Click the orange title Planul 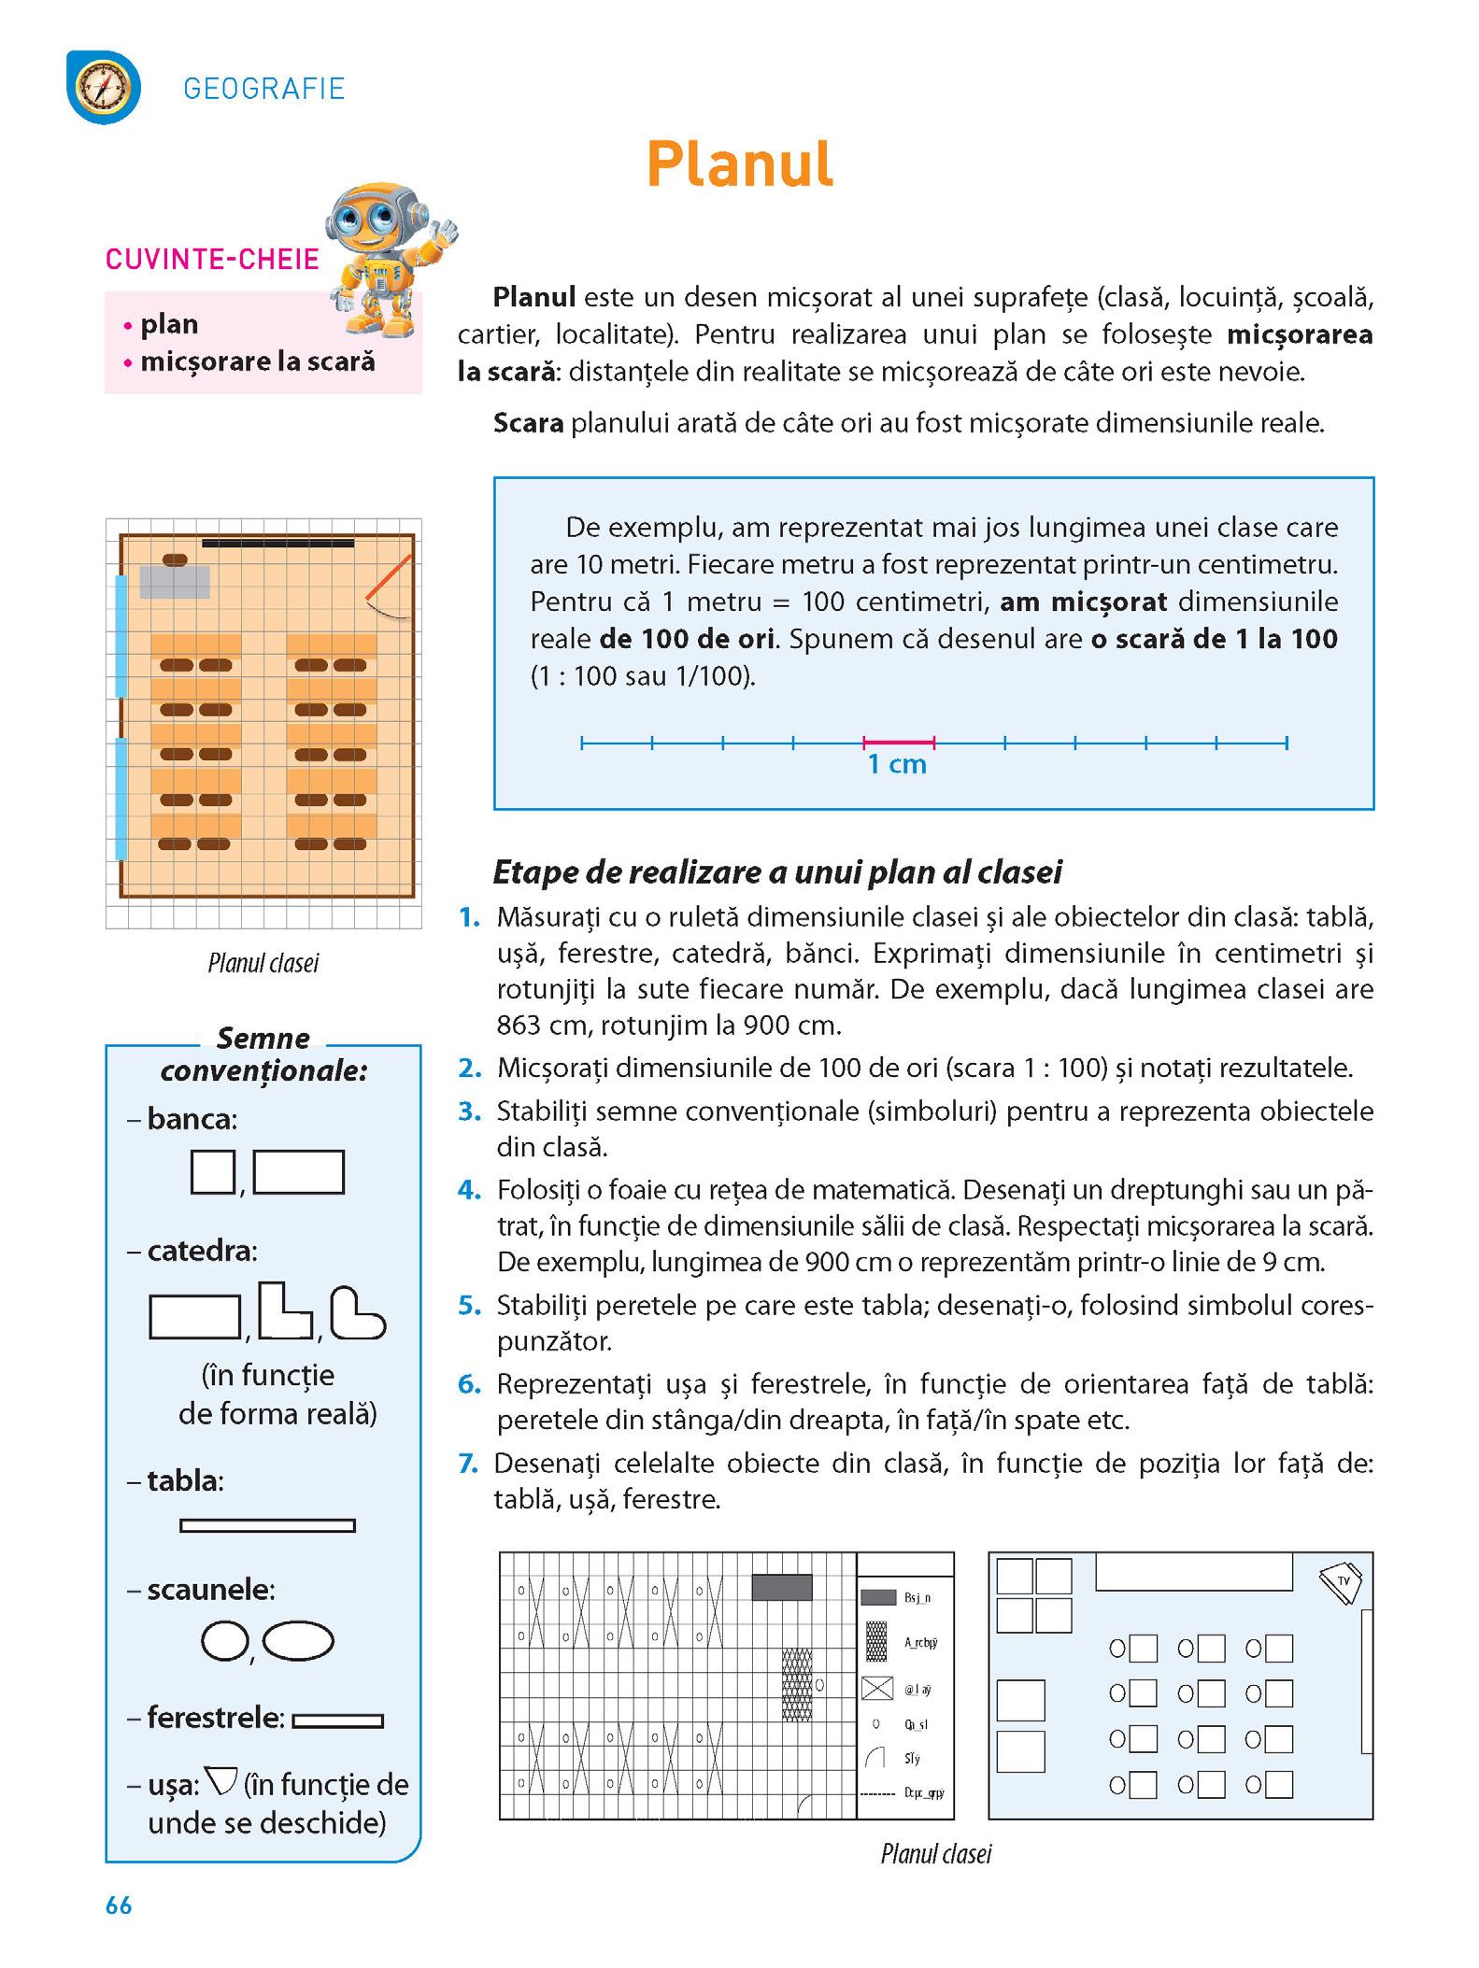[739, 165]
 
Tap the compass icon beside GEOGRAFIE [104, 88]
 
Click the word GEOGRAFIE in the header [264, 89]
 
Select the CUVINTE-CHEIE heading [212, 259]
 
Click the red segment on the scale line [899, 743]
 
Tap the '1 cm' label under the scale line [897, 765]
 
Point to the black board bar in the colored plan [278, 543]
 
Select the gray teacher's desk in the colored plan [175, 582]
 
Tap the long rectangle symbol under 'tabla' [267, 1525]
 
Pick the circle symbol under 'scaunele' [224, 1640]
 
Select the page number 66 [119, 1906]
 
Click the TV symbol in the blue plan [1341, 1581]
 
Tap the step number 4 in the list [468, 1191]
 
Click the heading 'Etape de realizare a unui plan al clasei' [777, 872]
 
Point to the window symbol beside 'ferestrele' [337, 1720]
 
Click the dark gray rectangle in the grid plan [782, 1587]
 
